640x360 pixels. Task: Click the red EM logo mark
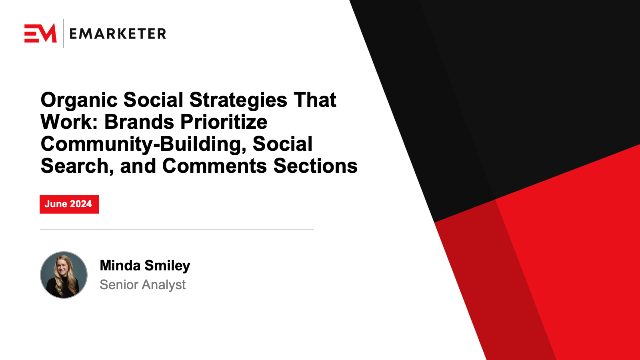40,33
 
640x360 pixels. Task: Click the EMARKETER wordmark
118,34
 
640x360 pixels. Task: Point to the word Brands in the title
139,122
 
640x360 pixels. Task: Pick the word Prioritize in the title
224,122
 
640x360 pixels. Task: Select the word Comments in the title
214,166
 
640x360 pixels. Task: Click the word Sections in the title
316,166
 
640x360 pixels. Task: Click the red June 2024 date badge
69,204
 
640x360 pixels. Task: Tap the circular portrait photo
64,275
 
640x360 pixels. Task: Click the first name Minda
120,266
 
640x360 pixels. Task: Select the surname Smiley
168,266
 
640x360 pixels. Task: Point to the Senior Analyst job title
142,285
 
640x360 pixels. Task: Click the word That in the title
315,100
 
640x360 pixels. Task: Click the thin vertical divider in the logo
63,33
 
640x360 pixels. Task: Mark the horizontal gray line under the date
177,230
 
